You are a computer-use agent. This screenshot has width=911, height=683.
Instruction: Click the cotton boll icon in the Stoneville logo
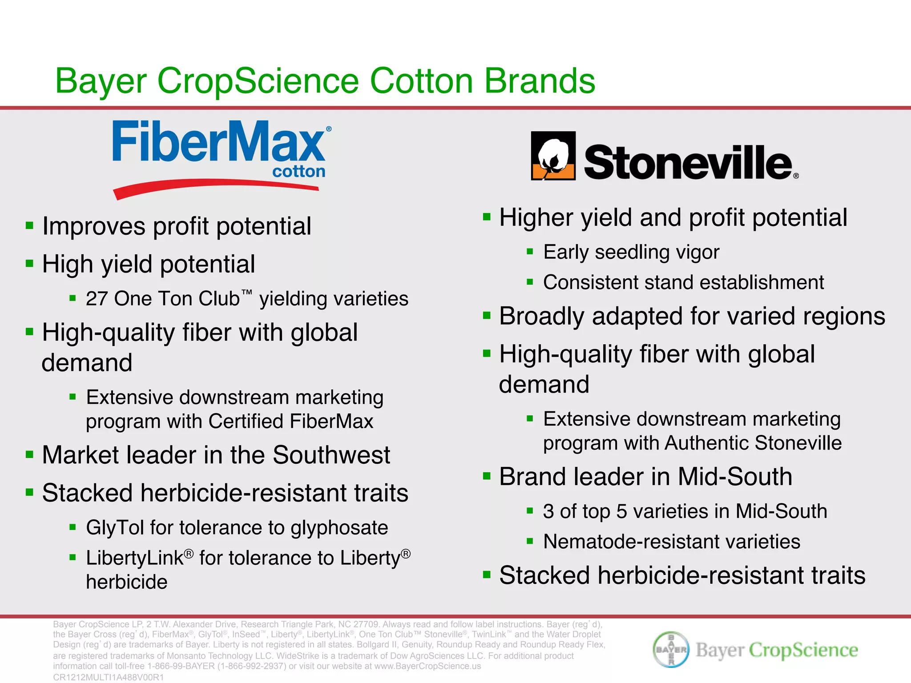point(553,156)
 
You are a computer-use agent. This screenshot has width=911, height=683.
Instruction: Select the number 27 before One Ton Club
point(97,299)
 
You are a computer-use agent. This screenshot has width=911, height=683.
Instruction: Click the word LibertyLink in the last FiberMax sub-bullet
point(135,558)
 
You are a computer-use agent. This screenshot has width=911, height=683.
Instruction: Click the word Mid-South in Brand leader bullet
point(735,477)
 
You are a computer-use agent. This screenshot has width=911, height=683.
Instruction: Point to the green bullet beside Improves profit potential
point(30,225)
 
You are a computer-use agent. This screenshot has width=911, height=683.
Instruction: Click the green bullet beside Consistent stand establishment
point(529,282)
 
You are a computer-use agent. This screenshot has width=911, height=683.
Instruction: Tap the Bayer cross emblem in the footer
point(671,649)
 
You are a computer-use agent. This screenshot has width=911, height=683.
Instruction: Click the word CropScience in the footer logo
point(803,650)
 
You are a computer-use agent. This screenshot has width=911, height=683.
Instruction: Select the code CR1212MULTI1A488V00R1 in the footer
point(109,677)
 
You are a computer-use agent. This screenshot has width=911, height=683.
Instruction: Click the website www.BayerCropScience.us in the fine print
point(427,666)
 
